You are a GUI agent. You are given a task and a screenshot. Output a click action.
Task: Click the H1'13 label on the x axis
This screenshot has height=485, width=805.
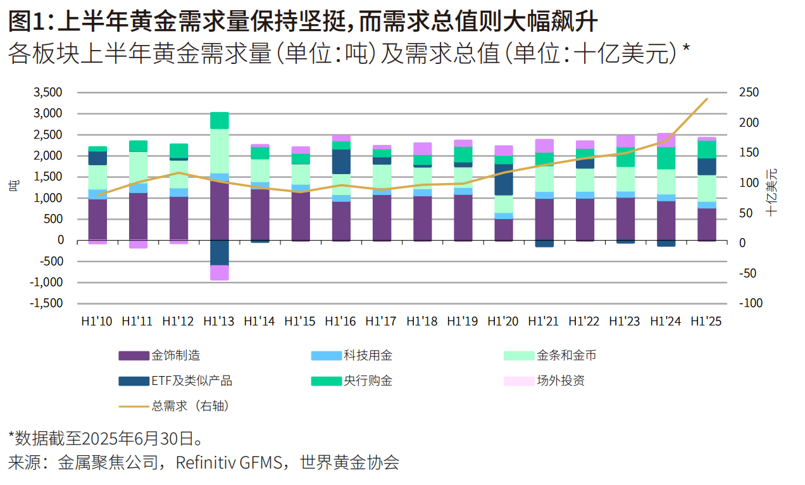pos(218,322)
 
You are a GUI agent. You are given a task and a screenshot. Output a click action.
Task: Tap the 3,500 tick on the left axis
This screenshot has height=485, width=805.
pos(48,93)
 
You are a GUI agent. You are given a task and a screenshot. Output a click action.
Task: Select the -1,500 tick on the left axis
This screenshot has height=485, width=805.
pos(46,303)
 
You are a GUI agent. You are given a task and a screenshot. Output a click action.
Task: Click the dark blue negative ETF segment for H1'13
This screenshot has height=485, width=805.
pos(219,253)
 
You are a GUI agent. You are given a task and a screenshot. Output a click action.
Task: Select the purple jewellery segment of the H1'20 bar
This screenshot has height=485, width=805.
pos(503,229)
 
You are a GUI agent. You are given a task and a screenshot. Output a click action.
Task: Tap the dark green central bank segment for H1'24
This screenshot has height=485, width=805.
pos(666,158)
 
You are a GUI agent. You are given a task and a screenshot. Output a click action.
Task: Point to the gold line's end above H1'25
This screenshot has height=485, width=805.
pos(707,99)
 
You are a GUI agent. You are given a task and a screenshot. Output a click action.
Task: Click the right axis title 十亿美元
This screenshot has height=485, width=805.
pos(771,192)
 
